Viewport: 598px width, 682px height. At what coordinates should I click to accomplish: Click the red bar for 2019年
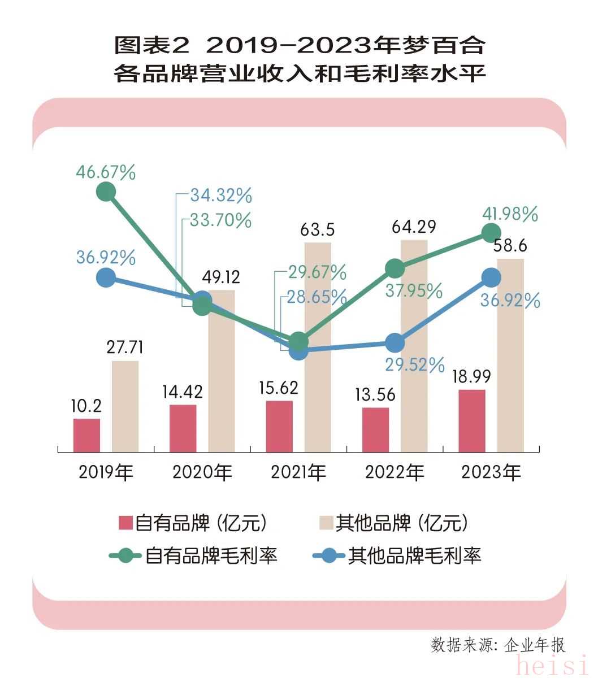click(86, 435)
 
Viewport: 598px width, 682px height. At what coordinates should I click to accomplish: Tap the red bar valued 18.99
click(472, 420)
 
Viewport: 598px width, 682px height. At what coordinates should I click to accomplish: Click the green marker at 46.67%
click(106, 192)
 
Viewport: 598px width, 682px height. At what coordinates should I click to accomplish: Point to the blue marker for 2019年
click(106, 277)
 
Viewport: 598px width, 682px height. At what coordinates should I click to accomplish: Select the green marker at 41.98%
click(491, 232)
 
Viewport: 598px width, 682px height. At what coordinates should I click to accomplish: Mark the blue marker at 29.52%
click(395, 342)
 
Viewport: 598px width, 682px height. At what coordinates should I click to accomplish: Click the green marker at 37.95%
click(395, 268)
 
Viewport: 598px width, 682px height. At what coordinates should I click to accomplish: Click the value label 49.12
click(221, 277)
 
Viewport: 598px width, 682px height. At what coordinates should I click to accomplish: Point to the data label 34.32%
click(220, 196)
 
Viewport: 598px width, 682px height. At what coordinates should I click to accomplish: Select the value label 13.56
click(375, 394)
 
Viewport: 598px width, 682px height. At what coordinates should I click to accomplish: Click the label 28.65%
click(317, 297)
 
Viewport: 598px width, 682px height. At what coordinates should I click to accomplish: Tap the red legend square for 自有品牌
click(125, 523)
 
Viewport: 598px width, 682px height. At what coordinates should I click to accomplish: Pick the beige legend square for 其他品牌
click(326, 523)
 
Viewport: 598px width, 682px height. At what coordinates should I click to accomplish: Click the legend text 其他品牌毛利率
click(414, 555)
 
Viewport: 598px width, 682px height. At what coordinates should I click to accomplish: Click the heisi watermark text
click(552, 666)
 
